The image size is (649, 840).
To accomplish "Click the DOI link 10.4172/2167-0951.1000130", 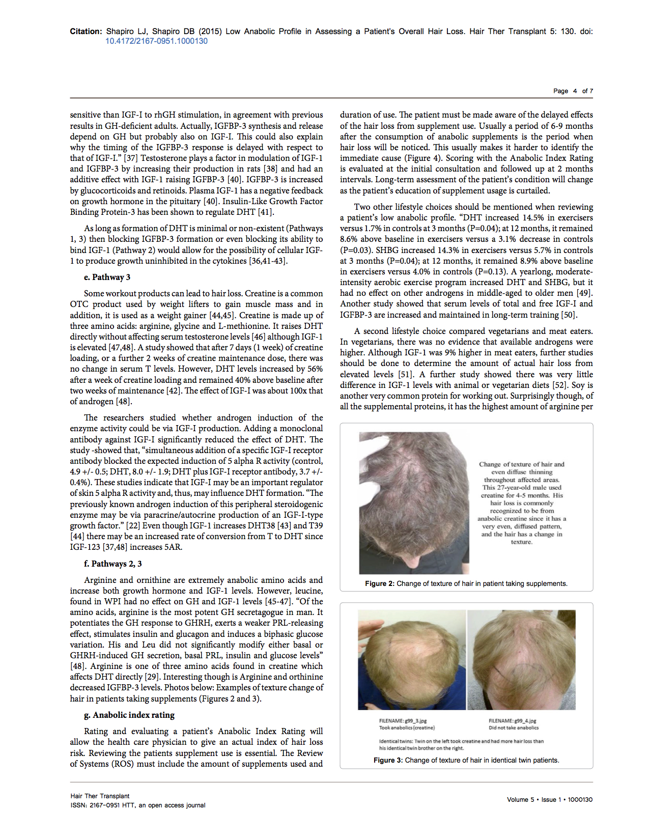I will tap(156, 41).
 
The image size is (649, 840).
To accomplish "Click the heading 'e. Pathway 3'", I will tap(107, 277).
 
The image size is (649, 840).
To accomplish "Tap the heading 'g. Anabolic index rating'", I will tap(129, 715).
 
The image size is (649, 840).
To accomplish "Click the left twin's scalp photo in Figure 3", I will tap(411, 660).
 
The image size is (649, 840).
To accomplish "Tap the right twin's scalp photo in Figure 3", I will tap(521, 660).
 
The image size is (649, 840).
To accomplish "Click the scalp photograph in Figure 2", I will tap(414, 503).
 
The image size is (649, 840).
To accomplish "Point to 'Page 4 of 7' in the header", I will tap(573, 91).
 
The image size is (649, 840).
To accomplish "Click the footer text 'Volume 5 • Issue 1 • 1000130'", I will tap(549, 799).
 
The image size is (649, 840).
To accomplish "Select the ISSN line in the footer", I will tap(137, 805).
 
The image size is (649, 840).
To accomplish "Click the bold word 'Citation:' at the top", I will tap(86, 32).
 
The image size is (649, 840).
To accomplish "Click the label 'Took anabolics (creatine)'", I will tap(407, 727).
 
